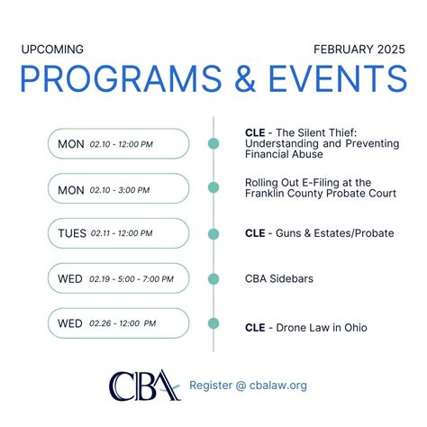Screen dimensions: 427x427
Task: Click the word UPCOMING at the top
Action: point(52,49)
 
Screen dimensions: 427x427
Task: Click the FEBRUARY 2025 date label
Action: point(359,49)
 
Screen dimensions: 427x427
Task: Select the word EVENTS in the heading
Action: point(345,80)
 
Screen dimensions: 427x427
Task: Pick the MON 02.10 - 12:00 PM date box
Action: point(118,144)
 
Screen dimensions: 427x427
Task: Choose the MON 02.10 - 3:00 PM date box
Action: point(118,188)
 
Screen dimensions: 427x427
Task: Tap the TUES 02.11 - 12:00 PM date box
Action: point(118,233)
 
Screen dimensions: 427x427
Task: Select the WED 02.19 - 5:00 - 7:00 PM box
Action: point(118,278)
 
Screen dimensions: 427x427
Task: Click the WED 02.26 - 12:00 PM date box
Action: point(118,323)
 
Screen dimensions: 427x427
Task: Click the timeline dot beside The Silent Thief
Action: point(213,143)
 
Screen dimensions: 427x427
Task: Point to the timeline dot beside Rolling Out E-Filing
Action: point(213,187)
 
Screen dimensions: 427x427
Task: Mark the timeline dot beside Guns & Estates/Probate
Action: point(213,233)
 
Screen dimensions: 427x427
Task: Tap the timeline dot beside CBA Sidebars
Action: point(213,278)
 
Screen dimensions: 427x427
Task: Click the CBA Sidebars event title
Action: point(279,279)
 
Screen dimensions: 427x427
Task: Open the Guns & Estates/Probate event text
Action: point(319,233)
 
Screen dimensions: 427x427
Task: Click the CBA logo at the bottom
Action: point(144,386)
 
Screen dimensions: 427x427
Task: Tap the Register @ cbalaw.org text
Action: point(248,386)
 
